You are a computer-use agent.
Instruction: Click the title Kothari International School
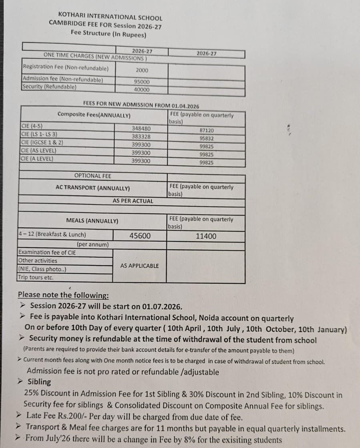110,17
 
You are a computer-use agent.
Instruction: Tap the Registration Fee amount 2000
142,70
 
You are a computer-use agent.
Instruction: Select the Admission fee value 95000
142,82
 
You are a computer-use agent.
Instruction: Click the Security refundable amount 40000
142,90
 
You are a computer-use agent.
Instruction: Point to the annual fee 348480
141,129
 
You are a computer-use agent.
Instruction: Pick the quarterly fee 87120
206,131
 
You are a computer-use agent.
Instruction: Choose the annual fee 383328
141,137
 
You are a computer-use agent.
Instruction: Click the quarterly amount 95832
206,139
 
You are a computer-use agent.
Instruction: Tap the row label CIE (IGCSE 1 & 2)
42,143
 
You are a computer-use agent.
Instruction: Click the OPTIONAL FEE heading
93,176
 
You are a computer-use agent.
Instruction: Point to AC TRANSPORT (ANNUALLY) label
93,188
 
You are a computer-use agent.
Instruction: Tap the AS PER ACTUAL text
133,201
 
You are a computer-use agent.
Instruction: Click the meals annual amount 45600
140,236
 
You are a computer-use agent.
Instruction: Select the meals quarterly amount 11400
206,236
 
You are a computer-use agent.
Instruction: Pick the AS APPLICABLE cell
139,266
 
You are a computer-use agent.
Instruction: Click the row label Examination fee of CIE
47,252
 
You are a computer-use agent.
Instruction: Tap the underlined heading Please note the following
63,295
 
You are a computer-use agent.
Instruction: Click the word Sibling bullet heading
39,381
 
